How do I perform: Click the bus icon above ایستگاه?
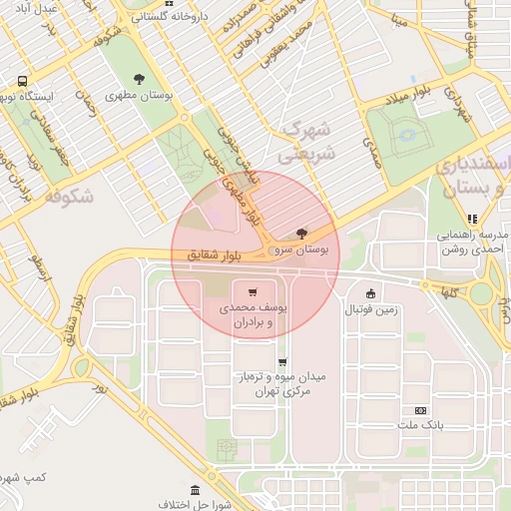coord(22,81)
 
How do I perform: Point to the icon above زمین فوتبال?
coord(371,293)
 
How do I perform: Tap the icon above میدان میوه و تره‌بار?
coord(282,362)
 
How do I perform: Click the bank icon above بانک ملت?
coord(420,410)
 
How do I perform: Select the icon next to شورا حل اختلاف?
coord(194,492)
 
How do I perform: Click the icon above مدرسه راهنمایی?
coord(472,219)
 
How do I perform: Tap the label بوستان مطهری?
coord(139,96)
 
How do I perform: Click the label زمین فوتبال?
coord(371,310)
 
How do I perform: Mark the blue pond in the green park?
coord(406,133)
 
